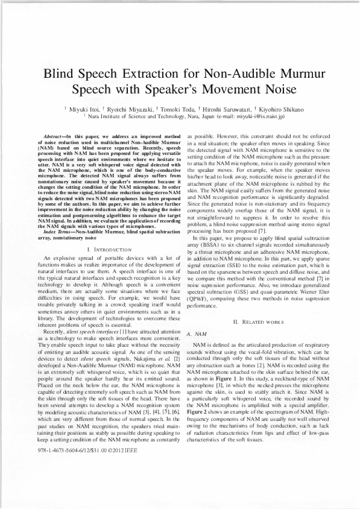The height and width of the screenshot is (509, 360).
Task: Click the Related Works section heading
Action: (x=261, y=323)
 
